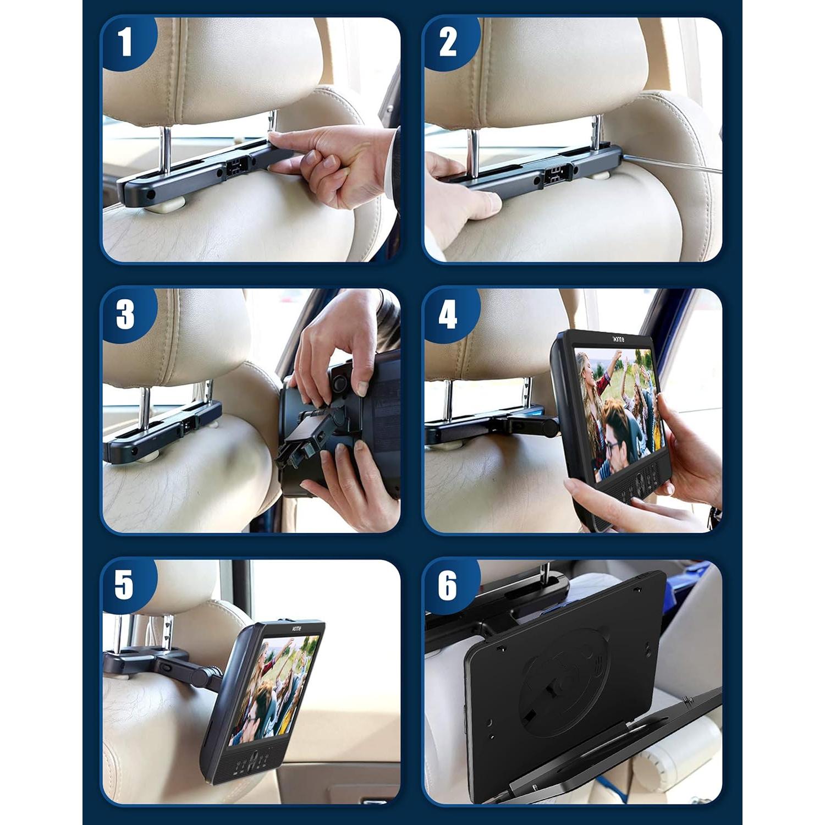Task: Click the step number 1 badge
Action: pos(125,43)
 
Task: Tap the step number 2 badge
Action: pos(448,43)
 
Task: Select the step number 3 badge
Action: pos(125,315)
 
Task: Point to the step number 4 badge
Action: pos(448,315)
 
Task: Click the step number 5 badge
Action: pos(124,585)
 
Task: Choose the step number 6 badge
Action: pos(448,585)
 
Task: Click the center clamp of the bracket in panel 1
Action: pos(235,168)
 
